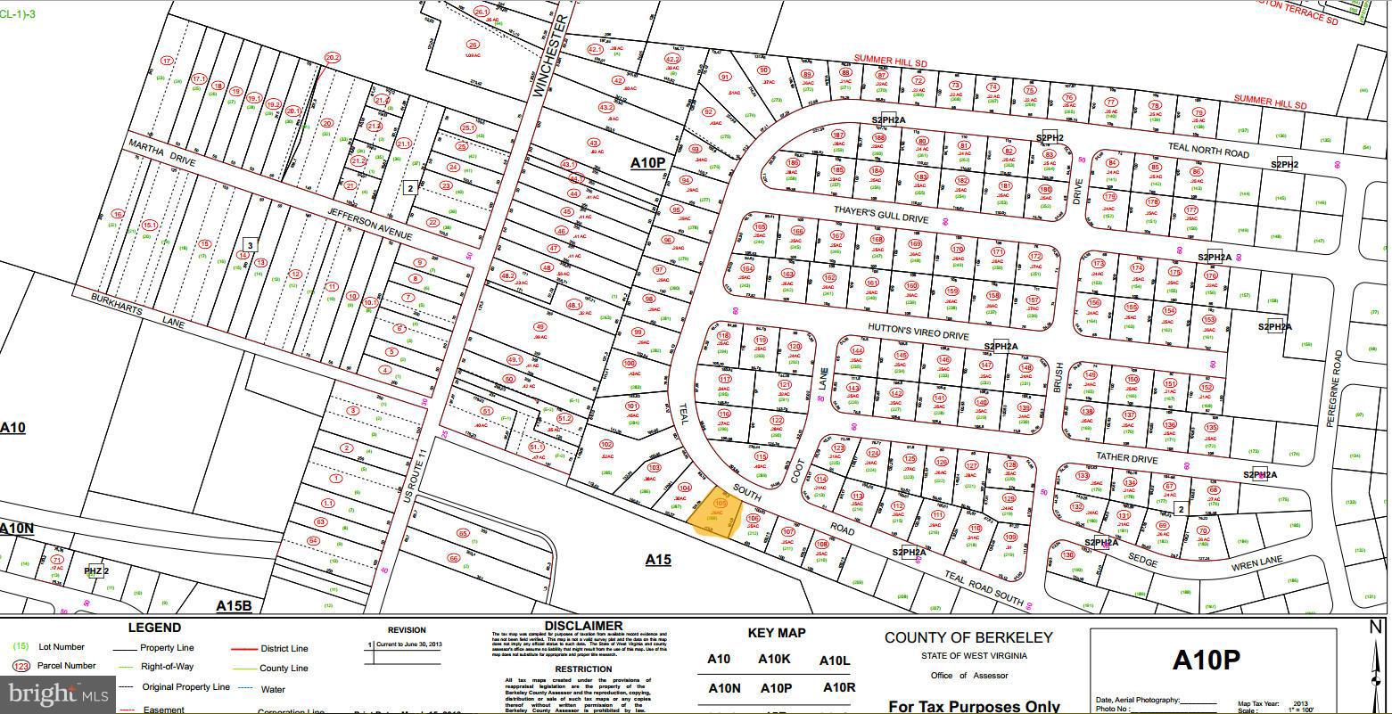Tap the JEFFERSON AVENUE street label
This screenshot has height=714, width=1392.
[370, 224]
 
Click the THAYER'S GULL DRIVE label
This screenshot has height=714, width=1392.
[881, 214]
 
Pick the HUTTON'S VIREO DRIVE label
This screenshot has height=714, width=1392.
[918, 332]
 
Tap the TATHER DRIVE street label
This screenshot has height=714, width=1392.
[1127, 457]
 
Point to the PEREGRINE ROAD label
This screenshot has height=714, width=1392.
[1335, 389]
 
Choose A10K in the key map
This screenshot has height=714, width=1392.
[774, 660]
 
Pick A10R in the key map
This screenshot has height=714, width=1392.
[838, 687]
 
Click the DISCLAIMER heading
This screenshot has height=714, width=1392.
[582, 626]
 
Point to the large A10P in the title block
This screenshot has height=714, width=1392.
[1206, 661]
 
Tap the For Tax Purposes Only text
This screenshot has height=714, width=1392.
[974, 706]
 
